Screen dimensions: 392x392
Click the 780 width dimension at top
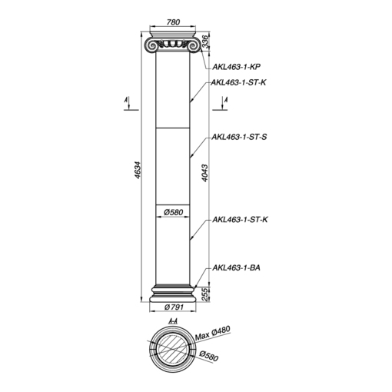point(173,22)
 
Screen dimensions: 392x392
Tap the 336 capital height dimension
point(205,42)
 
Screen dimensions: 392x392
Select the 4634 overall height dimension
point(138,170)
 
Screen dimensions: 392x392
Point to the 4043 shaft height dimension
point(205,173)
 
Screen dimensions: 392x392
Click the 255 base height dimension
point(205,294)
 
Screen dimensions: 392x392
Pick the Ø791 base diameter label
point(174,307)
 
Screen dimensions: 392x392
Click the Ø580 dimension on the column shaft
point(174,212)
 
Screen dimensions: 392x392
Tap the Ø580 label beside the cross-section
point(209,356)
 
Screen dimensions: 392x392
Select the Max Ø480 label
point(213,333)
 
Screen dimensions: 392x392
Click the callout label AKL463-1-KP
point(236,67)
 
